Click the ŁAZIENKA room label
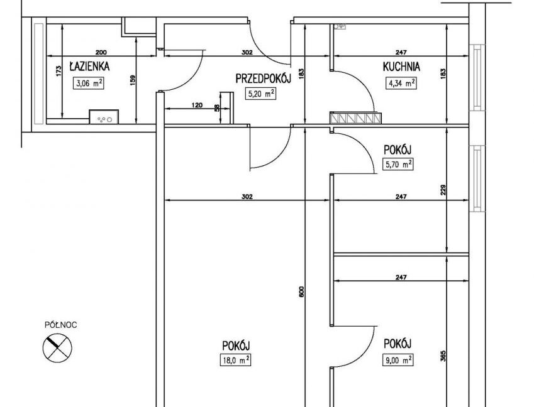(x=89, y=67)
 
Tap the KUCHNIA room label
(x=401, y=67)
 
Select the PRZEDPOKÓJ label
(x=264, y=79)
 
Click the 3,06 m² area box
(x=89, y=84)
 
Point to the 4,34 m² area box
(x=401, y=84)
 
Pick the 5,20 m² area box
(x=260, y=94)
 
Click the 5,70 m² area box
(x=398, y=165)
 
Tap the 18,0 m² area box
(x=235, y=361)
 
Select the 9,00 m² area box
(x=398, y=360)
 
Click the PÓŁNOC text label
(x=61, y=325)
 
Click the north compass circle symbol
(x=58, y=347)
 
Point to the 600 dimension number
(x=301, y=291)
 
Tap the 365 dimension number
(x=443, y=356)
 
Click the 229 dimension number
(x=443, y=190)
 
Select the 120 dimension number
(x=197, y=105)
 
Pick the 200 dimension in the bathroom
(x=101, y=52)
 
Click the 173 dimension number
(x=58, y=71)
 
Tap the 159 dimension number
(x=133, y=80)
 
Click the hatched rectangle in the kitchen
(x=355, y=117)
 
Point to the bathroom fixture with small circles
(x=104, y=117)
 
